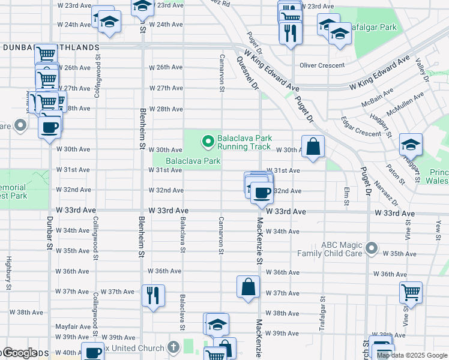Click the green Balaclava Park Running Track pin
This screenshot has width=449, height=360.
(x=208, y=142)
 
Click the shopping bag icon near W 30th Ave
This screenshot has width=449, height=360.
(x=313, y=146)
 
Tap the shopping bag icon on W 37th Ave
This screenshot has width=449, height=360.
(x=249, y=287)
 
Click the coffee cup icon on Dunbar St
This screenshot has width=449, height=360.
(x=50, y=127)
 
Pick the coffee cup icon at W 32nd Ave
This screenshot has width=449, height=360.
(x=262, y=193)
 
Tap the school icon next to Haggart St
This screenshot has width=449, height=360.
(x=411, y=144)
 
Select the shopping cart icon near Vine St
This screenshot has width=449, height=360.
(x=411, y=292)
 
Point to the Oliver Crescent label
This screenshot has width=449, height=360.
(x=322, y=65)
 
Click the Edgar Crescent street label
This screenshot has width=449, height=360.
(x=360, y=131)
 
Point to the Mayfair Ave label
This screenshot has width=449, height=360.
(x=73, y=327)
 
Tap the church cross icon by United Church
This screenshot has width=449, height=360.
(x=173, y=347)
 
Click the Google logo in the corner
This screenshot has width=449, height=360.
(x=19, y=353)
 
